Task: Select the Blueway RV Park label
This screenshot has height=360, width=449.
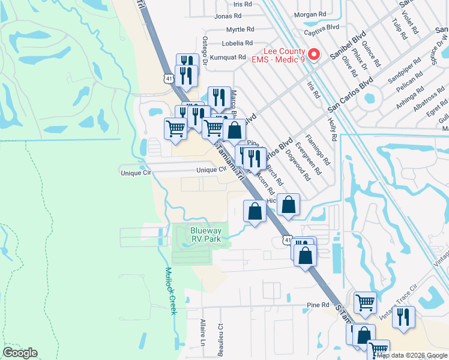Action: tap(206, 235)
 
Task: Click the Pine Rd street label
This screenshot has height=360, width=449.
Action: tap(318, 305)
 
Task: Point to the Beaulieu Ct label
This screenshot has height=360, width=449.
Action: tap(221, 335)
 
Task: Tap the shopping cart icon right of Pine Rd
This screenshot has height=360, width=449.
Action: tap(364, 302)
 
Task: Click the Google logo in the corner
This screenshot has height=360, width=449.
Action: tap(20, 353)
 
